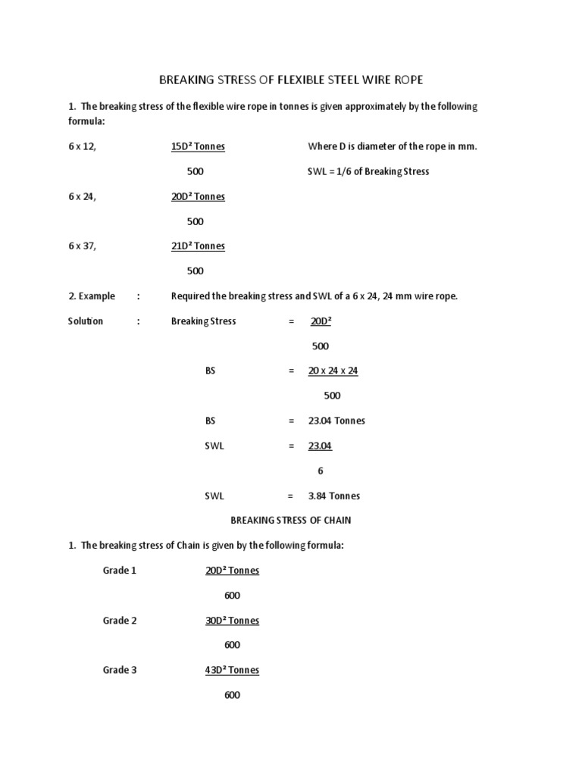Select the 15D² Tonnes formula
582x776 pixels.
tap(198, 146)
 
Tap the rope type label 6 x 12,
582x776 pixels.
tap(82, 146)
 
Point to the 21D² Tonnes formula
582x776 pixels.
tap(198, 246)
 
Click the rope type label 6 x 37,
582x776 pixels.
tap(82, 246)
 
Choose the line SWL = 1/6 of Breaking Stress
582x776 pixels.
tap(368, 171)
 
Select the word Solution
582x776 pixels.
tap(86, 321)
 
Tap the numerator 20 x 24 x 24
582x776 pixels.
tap(333, 371)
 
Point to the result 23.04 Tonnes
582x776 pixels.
tap(336, 421)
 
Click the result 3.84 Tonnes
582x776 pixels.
tap(334, 496)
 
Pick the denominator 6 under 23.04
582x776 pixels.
tap(321, 471)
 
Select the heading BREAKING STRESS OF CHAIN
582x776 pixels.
tap(290, 520)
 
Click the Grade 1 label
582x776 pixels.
tap(120, 570)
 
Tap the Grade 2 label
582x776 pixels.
tap(120, 620)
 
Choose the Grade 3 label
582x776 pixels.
tap(120, 670)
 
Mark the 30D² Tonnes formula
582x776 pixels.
tap(232, 620)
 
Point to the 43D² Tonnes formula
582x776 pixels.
tap(232, 670)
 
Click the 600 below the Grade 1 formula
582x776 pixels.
tap(232, 595)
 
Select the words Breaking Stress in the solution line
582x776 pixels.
tap(204, 321)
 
